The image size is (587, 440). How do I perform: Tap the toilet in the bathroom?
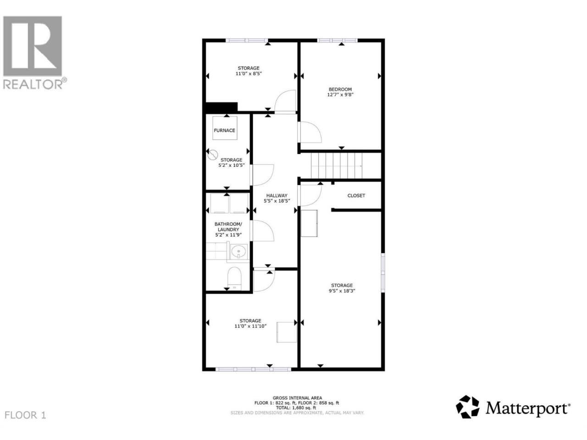pyautogui.click(x=234, y=278)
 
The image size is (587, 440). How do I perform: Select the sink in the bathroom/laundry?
pyautogui.click(x=238, y=251)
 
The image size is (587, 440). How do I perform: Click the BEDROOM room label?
pyautogui.click(x=340, y=89)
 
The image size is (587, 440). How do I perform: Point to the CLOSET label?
pyautogui.click(x=356, y=196)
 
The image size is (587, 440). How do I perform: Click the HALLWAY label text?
pyautogui.click(x=277, y=196)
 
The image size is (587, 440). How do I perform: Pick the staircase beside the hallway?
pyautogui.click(x=337, y=165)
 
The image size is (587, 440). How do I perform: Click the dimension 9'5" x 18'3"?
pyautogui.click(x=342, y=291)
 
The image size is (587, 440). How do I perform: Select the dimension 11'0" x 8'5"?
pyautogui.click(x=249, y=73)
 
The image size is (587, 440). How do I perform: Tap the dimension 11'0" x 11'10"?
pyautogui.click(x=250, y=326)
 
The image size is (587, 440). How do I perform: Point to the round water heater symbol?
pyautogui.click(x=213, y=154)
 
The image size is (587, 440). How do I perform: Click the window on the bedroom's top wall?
pyautogui.click(x=337, y=40)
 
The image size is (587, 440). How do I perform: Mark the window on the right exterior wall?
pyautogui.click(x=383, y=273)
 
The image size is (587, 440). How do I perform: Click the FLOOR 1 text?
pyautogui.click(x=25, y=415)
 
